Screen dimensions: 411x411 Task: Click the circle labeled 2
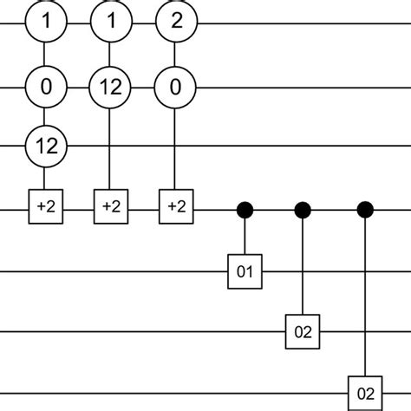tap(175, 22)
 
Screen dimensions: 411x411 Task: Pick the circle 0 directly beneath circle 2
tap(175, 87)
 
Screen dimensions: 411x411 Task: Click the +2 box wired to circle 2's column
tap(175, 208)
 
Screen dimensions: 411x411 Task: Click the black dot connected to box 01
tap(245, 208)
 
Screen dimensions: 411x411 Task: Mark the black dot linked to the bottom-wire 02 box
tap(365, 208)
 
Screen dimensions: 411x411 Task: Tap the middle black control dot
tap(303, 208)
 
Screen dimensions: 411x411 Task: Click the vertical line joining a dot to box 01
tap(245, 236)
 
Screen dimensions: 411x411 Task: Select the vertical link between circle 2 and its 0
tap(175, 54)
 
